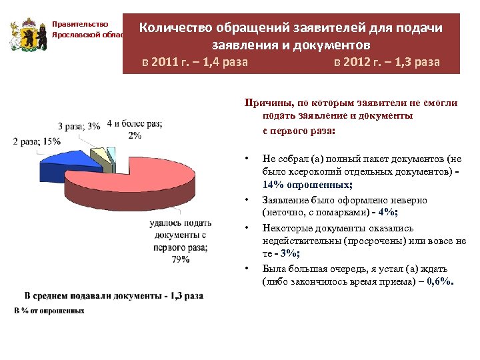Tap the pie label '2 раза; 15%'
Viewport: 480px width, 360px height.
click(37, 141)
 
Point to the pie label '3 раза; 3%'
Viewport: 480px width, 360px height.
click(79, 126)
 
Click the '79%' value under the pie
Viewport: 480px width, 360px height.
click(180, 260)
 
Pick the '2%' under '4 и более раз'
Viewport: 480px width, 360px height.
click(135, 135)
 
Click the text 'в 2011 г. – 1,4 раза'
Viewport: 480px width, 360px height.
click(195, 63)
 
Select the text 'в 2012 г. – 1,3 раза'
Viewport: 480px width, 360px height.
click(387, 63)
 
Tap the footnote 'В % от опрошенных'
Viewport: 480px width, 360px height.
click(49, 311)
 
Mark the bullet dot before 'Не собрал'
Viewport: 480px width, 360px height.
click(247, 159)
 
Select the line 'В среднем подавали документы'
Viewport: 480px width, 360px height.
click(113, 295)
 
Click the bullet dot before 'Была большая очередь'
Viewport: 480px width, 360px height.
click(247, 269)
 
